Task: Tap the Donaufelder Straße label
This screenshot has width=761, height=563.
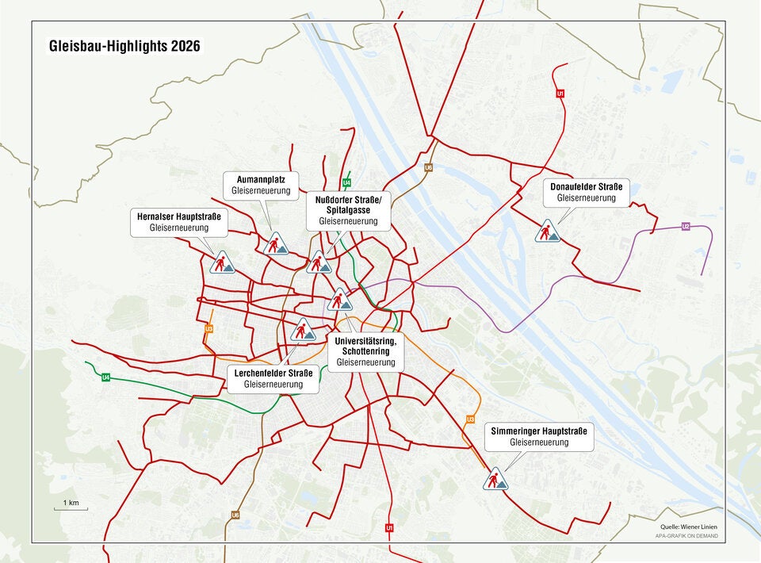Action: (586, 192)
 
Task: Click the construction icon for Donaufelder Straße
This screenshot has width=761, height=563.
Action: (546, 232)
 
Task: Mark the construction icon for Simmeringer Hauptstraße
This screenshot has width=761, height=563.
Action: (495, 479)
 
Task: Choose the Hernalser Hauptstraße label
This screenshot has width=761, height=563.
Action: (178, 222)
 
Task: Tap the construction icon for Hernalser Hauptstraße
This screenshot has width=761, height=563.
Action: (222, 262)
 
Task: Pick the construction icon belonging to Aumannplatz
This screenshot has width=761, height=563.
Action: (275, 244)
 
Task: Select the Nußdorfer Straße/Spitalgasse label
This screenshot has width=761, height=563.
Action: (349, 210)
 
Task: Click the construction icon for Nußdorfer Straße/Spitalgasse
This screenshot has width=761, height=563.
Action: (319, 262)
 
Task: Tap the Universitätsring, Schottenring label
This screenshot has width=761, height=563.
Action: (365, 350)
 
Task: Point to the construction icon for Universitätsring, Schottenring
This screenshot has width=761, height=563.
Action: (339, 300)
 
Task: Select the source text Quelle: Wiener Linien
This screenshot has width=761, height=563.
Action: (689, 527)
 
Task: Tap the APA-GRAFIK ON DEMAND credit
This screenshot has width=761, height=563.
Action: (685, 536)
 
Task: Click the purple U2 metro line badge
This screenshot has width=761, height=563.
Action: (686, 227)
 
